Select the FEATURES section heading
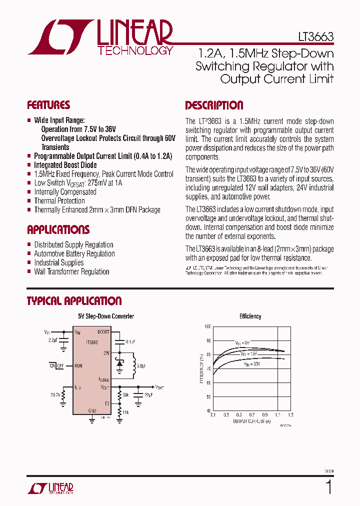(48, 105)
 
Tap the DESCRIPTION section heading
(214, 105)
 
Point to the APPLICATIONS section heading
(58, 230)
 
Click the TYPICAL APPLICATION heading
(74, 301)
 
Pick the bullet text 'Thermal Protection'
(59, 201)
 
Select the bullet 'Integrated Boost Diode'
(65, 165)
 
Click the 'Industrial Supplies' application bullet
(59, 263)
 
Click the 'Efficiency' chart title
(250, 316)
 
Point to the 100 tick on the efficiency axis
(207, 326)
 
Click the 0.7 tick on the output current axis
(251, 415)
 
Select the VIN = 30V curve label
(252, 364)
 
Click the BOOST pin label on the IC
(103, 332)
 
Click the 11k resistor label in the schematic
(125, 412)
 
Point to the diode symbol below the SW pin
(119, 364)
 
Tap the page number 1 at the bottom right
(328, 487)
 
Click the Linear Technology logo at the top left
(100, 37)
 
